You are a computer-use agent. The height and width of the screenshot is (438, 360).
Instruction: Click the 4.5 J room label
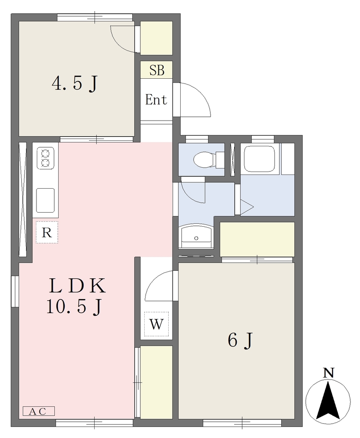click(x=75, y=83)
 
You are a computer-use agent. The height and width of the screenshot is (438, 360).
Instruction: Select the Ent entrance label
click(x=156, y=99)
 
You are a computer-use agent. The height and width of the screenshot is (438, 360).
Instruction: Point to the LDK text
click(x=77, y=286)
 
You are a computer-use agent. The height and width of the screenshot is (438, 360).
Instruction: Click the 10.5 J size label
click(x=74, y=307)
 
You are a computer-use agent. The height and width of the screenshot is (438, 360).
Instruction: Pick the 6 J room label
click(x=240, y=340)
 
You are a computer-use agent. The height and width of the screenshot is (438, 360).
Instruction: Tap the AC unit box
click(x=39, y=411)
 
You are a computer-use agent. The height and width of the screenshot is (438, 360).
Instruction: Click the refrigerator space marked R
click(x=47, y=232)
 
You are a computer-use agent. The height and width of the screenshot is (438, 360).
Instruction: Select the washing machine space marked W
click(x=156, y=324)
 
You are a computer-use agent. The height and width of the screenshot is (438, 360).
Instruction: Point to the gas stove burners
click(x=45, y=158)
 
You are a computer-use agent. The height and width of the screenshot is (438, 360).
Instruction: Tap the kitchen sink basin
click(x=45, y=201)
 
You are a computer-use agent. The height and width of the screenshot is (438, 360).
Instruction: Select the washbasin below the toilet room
click(x=196, y=236)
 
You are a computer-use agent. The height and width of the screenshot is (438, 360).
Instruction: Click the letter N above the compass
click(x=329, y=373)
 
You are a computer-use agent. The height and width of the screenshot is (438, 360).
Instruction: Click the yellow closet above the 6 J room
click(x=257, y=239)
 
